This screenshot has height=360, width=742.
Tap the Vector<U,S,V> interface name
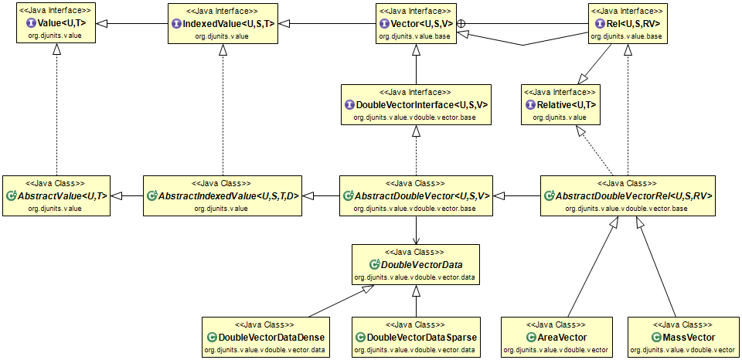421,24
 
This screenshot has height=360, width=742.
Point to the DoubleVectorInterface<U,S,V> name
421,104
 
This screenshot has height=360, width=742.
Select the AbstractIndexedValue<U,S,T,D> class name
232,196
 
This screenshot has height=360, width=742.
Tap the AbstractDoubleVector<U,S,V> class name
422,196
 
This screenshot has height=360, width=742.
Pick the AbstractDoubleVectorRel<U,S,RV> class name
633,196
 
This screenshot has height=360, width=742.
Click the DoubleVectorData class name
421,265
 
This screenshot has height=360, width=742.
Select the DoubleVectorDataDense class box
266,337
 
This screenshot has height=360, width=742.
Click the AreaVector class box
556,337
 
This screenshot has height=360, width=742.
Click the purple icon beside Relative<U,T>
530,104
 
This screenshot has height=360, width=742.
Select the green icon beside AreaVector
531,338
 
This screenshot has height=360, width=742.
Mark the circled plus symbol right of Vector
461,24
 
